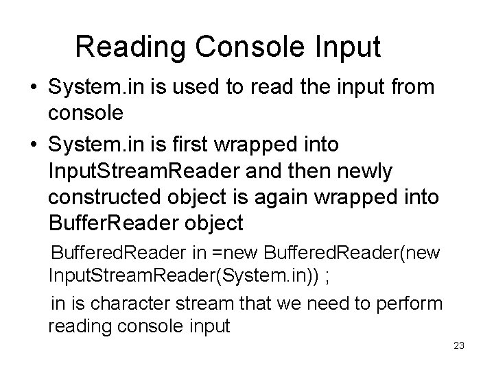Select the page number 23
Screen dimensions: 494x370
click(459, 345)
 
